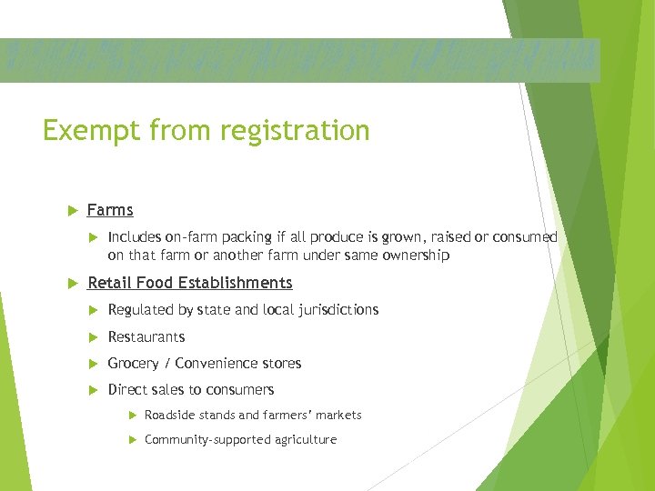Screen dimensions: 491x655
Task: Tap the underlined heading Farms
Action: coord(110,210)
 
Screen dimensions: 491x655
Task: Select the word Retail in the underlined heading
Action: coord(108,283)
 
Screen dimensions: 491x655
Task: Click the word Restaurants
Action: coord(146,336)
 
